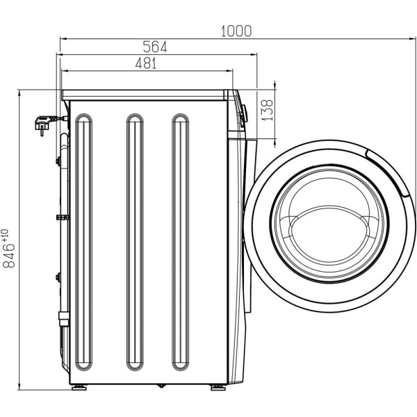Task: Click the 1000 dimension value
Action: click(x=236, y=31)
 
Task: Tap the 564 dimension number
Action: click(x=155, y=47)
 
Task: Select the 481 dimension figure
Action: click(x=146, y=63)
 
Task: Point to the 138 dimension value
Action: click(x=268, y=110)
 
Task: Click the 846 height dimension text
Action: click(x=8, y=255)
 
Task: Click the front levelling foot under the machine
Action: click(x=218, y=388)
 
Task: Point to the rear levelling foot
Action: click(x=79, y=388)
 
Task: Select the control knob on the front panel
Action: click(x=244, y=113)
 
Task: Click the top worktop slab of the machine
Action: click(x=144, y=95)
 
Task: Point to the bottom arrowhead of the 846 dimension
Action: click(x=19, y=386)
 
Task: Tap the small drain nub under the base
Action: click(x=161, y=386)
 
